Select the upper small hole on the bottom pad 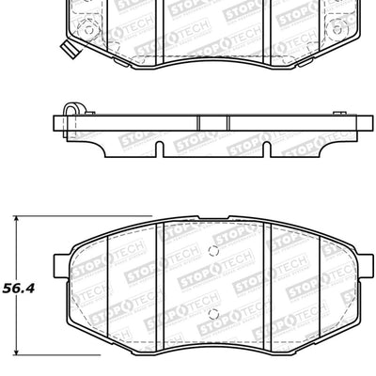click(x=214, y=250)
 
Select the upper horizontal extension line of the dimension click(x=56, y=216)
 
